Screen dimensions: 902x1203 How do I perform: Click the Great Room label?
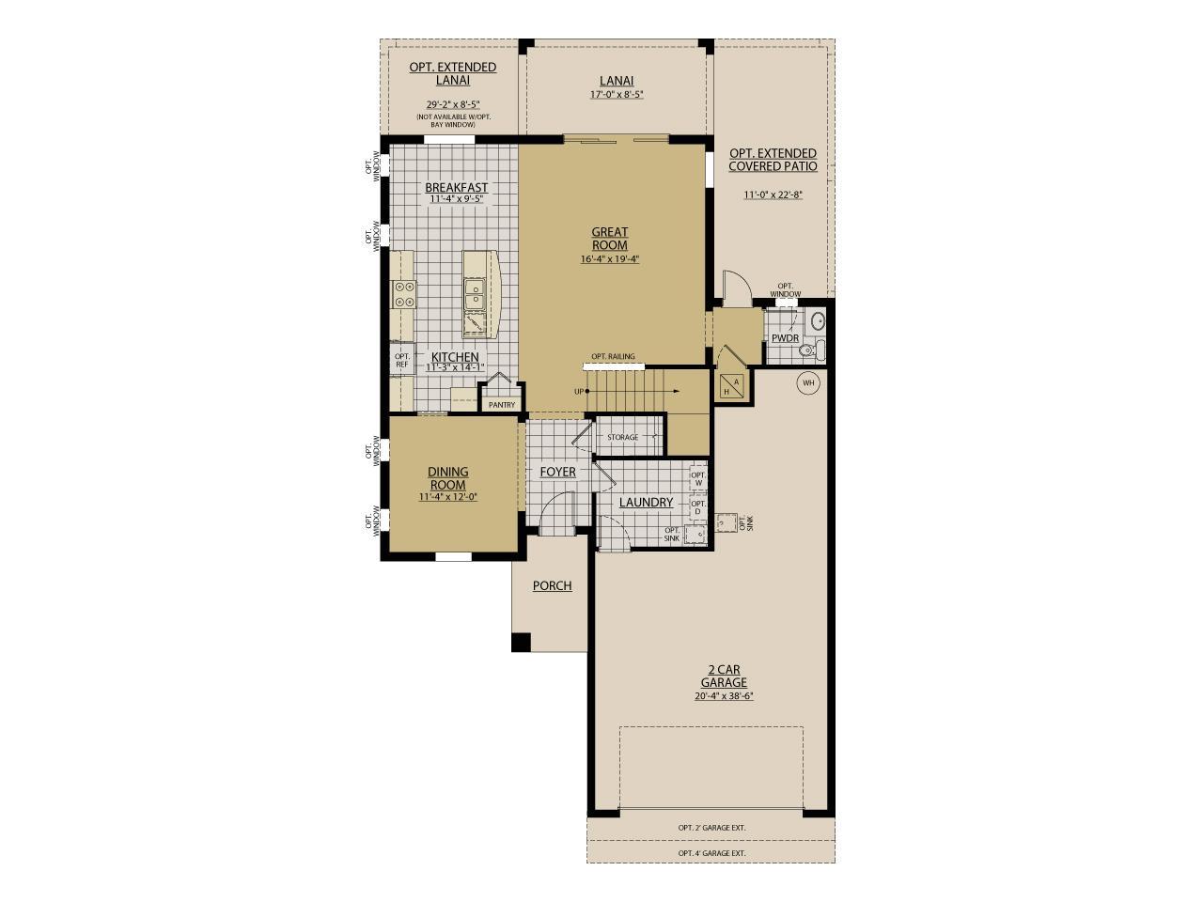tap(609, 239)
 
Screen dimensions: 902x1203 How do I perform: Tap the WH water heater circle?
tap(807, 382)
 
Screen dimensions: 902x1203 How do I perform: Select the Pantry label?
tap(502, 405)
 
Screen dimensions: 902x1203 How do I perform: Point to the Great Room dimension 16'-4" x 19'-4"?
tap(609, 259)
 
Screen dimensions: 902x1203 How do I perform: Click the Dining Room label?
tap(447, 478)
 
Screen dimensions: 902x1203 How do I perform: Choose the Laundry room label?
tap(646, 503)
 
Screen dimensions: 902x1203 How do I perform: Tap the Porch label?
tap(552, 585)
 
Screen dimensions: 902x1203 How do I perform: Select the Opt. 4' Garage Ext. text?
tap(711, 853)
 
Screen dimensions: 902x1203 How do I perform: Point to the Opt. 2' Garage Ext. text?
tap(711, 828)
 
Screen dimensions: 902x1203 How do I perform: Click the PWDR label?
tap(785, 338)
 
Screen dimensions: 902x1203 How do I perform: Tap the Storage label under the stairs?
tap(622, 438)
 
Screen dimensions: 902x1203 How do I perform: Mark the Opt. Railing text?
tap(613, 357)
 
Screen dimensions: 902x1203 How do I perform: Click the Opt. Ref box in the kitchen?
tap(402, 361)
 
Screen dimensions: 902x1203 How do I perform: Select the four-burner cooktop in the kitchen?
tap(405, 294)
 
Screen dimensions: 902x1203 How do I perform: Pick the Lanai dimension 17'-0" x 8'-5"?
tap(617, 95)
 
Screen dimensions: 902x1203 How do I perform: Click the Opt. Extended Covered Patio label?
tap(773, 160)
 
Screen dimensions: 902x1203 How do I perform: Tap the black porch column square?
tap(520, 643)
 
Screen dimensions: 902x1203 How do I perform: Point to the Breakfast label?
tap(456, 188)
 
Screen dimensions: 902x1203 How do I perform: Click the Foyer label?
tap(557, 472)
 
